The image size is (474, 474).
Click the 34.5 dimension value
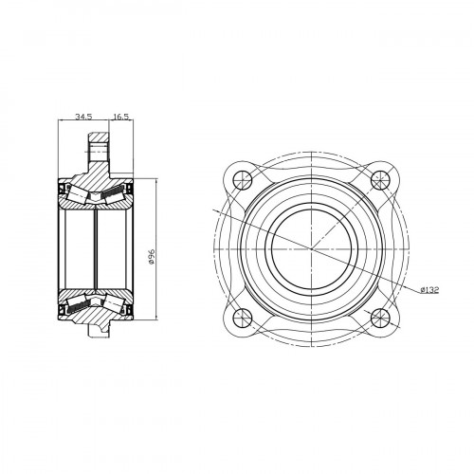pos(83,117)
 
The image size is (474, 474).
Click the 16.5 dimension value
pos(121,117)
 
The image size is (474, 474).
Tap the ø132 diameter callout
pos(429,290)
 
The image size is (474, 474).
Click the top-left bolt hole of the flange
pos(243,180)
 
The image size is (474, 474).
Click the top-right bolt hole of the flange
pos(380,180)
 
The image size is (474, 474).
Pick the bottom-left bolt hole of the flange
pos(243,318)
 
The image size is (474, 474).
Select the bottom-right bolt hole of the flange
pos(380,318)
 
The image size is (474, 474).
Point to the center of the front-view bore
pos(312,249)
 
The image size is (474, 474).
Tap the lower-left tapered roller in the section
pos(78,304)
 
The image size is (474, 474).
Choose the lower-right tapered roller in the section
pos(113,304)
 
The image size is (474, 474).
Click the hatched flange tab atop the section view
pos(99,149)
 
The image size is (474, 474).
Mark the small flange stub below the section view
pos(99,330)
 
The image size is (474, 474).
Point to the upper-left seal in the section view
pos(62,189)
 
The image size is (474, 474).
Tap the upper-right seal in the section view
pos(129,189)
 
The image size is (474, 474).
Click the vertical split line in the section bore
pos(96,249)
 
